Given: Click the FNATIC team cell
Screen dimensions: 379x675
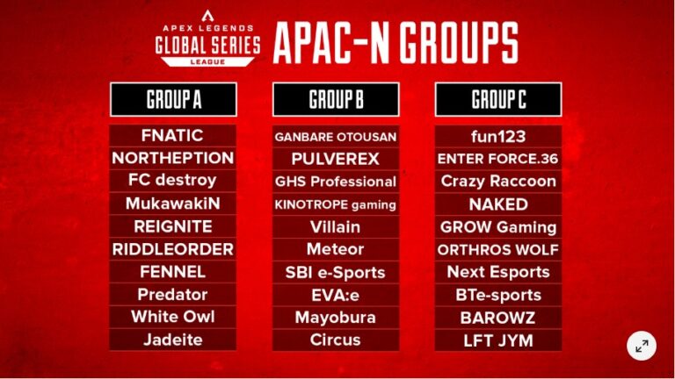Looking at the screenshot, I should pyautogui.click(x=172, y=136).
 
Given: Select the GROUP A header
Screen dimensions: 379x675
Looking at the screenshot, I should pyautogui.click(x=172, y=99).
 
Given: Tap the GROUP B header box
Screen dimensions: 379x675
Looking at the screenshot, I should pyautogui.click(x=336, y=99).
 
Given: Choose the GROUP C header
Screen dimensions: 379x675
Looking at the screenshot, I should pyautogui.click(x=498, y=99).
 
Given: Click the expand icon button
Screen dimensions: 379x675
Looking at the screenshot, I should pyautogui.click(x=642, y=346).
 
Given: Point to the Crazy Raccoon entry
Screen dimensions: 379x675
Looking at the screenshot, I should pyautogui.click(x=498, y=182).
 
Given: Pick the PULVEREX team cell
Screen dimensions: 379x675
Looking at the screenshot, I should pyautogui.click(x=336, y=159).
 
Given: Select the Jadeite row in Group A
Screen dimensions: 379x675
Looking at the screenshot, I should pyautogui.click(x=172, y=340).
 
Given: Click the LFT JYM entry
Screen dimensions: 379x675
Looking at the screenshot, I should pyautogui.click(x=498, y=340).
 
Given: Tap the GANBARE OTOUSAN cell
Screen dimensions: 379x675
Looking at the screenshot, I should pyautogui.click(x=336, y=137).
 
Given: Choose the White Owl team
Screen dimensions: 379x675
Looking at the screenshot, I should pyautogui.click(x=172, y=317).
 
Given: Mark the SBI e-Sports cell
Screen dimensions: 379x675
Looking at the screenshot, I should pyautogui.click(x=336, y=272).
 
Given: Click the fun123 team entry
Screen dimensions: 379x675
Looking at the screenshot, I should pyautogui.click(x=498, y=136).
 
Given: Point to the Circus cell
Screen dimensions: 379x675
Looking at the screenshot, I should pyautogui.click(x=336, y=340).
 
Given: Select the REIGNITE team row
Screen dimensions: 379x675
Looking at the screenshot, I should pyautogui.click(x=172, y=226).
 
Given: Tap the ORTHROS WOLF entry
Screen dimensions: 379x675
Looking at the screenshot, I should pyautogui.click(x=498, y=249).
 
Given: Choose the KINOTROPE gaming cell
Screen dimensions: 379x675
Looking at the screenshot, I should pyautogui.click(x=336, y=204).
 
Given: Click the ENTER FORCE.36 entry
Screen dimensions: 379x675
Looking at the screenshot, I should pyautogui.click(x=498, y=159).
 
